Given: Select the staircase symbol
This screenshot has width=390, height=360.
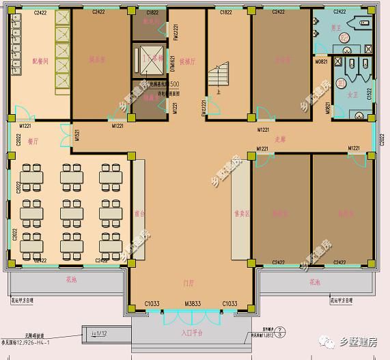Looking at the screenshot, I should [222, 77].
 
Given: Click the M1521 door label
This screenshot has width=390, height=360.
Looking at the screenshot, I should [76, 135].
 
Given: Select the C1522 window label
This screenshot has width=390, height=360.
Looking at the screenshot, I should [369, 94].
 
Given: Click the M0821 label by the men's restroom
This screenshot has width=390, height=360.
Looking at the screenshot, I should [320, 61].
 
